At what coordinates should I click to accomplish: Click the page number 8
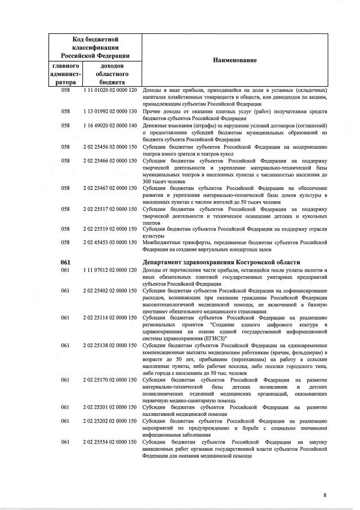[x=325, y=495]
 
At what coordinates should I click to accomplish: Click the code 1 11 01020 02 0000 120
[x=110, y=90]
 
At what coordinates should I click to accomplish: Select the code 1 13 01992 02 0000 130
[x=110, y=111]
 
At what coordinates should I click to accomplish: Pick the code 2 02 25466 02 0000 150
[x=110, y=161]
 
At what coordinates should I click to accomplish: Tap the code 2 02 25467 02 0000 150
[x=110, y=188]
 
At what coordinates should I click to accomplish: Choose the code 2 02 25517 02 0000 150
[x=110, y=209]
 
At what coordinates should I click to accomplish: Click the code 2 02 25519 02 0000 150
[x=110, y=229]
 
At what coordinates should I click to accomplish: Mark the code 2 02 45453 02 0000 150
[x=110, y=242]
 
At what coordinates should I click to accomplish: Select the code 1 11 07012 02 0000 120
[x=110, y=270]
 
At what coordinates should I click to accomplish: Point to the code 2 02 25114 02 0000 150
[x=110, y=318]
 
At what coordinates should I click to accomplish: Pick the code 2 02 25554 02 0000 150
[x=110, y=442]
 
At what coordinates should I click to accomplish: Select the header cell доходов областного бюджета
[x=110, y=74]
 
